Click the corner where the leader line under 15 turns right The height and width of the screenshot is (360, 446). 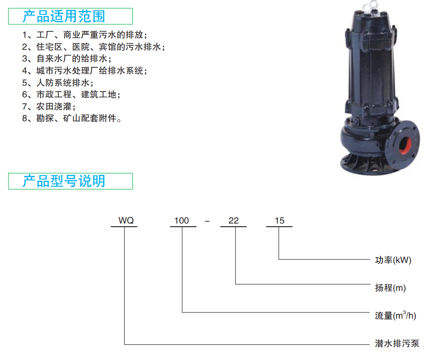point(279,259)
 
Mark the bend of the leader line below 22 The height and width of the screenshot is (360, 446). point(236,284)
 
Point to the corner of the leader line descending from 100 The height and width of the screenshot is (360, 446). point(182,312)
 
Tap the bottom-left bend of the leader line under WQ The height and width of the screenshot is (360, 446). point(125,344)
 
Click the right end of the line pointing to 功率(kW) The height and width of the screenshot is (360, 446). point(370,259)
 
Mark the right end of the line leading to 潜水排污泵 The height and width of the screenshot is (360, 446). point(369,344)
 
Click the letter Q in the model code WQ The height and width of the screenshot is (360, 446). point(130,220)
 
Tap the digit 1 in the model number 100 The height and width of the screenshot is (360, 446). point(176,220)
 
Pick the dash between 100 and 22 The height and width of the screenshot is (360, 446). point(207,221)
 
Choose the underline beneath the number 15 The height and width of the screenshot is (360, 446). point(279,227)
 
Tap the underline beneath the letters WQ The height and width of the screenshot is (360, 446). point(124,227)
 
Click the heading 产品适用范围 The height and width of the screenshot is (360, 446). point(64,16)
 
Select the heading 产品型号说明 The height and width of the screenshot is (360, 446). point(64,181)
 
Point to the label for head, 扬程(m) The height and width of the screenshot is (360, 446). point(390,288)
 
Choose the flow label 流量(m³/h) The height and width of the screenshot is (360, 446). point(395,315)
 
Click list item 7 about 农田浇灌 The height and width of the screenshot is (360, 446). point(49,106)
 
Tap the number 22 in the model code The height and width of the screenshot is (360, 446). point(233,220)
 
